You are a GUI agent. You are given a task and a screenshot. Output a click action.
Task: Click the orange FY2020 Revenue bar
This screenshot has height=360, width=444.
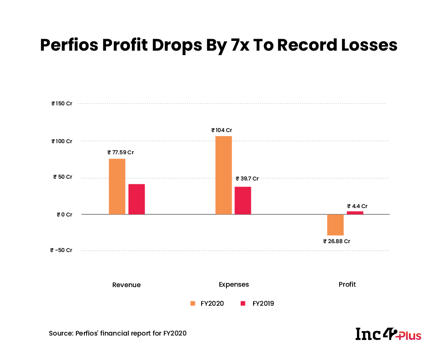point(117,187)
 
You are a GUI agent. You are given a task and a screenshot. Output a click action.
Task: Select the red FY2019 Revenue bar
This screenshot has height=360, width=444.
point(136,199)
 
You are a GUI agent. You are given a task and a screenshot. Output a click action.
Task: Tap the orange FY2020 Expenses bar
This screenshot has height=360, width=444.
point(223,175)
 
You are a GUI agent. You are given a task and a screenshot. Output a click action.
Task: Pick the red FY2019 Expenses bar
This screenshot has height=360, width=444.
point(243,200)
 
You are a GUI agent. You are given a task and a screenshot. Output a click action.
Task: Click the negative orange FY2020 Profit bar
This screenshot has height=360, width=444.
point(335,224)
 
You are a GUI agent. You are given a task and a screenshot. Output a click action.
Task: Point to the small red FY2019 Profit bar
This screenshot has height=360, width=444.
point(355,212)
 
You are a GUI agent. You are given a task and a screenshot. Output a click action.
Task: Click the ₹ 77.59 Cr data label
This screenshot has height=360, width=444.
point(120,152)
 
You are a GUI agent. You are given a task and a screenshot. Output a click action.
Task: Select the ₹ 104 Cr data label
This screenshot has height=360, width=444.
point(222,130)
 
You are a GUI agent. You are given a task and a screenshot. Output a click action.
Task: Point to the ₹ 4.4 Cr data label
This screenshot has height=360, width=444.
point(357,206)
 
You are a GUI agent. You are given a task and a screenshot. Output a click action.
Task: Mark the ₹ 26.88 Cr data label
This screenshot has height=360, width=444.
point(337,241)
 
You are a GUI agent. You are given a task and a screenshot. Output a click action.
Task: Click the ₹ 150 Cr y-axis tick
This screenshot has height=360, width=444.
point(62,104)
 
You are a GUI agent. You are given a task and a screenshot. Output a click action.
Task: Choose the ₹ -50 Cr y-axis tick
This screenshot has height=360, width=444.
point(61,250)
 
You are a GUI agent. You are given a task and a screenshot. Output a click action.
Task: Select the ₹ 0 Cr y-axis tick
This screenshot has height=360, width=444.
point(64,214)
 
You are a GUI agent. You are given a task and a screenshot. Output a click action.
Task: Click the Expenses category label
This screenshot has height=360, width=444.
point(234,284)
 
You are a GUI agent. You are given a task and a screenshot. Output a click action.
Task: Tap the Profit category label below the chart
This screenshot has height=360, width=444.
point(347,284)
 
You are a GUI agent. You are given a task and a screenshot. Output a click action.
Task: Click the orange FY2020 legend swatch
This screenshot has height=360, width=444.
point(193,304)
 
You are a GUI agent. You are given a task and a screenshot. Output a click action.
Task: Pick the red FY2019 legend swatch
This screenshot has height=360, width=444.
point(243,304)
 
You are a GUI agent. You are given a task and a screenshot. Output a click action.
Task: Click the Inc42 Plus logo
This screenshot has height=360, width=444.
point(388,334)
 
